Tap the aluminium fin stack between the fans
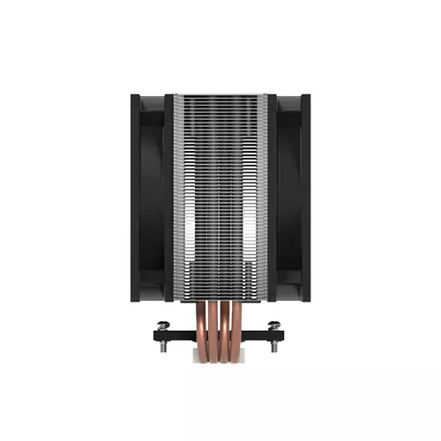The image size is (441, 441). [220, 194]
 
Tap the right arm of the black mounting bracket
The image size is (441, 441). [266, 333]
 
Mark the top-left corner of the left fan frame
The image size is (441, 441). [132, 94]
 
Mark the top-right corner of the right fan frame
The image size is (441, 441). [308, 94]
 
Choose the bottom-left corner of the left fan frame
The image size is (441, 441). [132, 302]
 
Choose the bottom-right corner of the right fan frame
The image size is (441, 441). [308, 302]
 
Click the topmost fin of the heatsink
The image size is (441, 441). [220, 95]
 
